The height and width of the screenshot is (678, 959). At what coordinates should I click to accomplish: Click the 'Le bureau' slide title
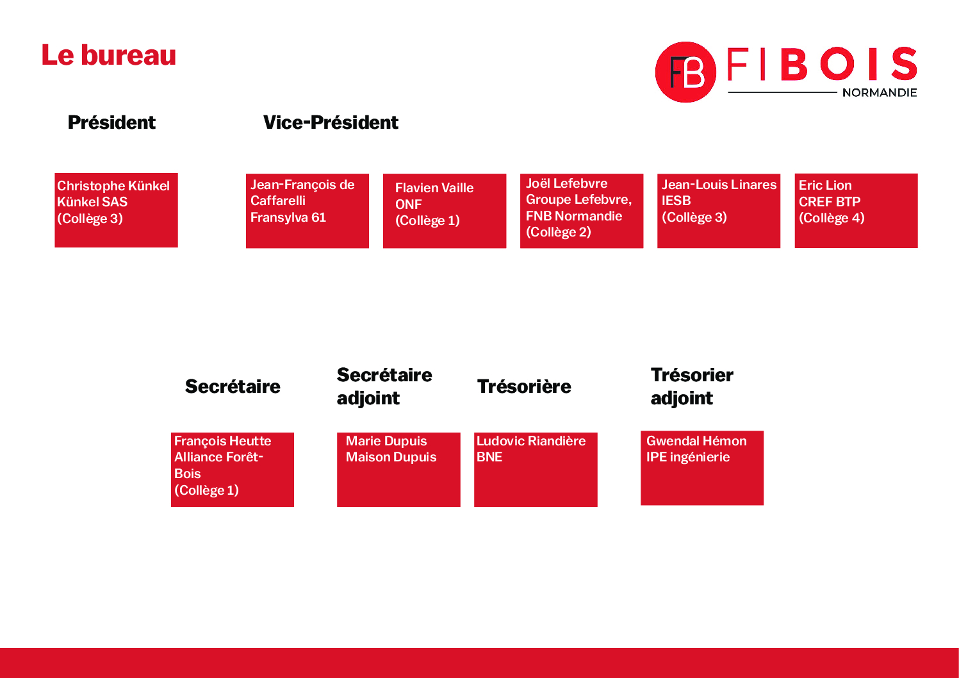pyautogui.click(x=109, y=55)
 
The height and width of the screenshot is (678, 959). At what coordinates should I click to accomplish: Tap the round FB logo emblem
pyautogui.click(x=685, y=72)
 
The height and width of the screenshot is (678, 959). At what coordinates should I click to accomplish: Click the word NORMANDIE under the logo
pyautogui.click(x=880, y=92)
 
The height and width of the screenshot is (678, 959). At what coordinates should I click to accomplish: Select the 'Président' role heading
pyautogui.click(x=111, y=122)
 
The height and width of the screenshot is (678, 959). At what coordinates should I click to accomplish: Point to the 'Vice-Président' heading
pyautogui.click(x=331, y=122)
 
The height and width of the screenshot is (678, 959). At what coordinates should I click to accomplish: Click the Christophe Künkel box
pyautogui.click(x=116, y=210)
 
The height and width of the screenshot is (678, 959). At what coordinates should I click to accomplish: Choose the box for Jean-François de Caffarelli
pyautogui.click(x=307, y=211)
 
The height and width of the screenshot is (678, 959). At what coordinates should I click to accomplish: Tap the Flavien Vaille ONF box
pyautogui.click(x=445, y=211)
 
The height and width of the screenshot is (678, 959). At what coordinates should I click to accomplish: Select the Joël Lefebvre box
pyautogui.click(x=582, y=211)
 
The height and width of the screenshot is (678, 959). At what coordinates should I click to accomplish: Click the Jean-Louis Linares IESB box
pyautogui.click(x=719, y=211)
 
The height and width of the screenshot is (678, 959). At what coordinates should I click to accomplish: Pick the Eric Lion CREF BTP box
pyautogui.click(x=857, y=211)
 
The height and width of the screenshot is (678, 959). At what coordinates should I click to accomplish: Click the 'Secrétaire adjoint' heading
pyautogui.click(x=384, y=386)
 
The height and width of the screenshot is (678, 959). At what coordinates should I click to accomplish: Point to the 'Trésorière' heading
pyautogui.click(x=524, y=386)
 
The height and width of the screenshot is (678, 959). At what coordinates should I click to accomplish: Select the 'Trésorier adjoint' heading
pyautogui.click(x=692, y=386)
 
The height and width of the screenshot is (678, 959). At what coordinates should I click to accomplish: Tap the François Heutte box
pyautogui.click(x=233, y=470)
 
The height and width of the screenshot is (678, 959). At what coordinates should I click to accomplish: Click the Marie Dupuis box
pyautogui.click(x=398, y=470)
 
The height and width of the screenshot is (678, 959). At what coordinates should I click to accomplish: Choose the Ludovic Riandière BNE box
pyautogui.click(x=536, y=470)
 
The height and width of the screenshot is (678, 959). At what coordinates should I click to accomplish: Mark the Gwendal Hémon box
pyautogui.click(x=702, y=468)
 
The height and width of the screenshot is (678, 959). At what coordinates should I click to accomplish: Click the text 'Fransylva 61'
pyautogui.click(x=288, y=218)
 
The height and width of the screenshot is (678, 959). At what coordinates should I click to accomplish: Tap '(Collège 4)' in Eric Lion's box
pyautogui.click(x=832, y=218)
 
